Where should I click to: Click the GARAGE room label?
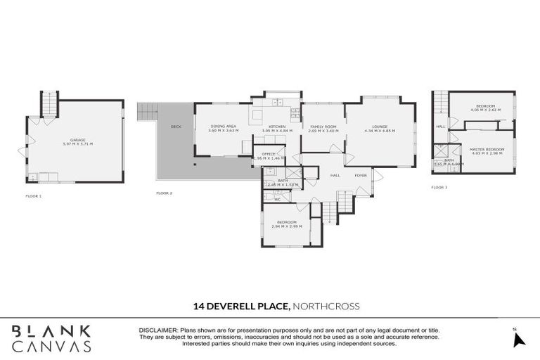(x=77, y=140)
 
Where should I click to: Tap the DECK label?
(x=176, y=127)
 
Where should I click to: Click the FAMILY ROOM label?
(x=323, y=127)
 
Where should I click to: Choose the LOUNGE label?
(x=380, y=127)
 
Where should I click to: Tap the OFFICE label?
(x=268, y=154)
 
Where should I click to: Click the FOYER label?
(x=361, y=176)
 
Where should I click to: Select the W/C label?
(x=277, y=199)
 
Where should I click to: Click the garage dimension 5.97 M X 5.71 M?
(x=77, y=144)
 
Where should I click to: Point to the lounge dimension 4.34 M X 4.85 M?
(x=380, y=131)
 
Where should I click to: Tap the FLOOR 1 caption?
(x=33, y=195)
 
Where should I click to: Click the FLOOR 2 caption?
(x=164, y=193)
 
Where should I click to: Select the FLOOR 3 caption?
(x=439, y=188)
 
